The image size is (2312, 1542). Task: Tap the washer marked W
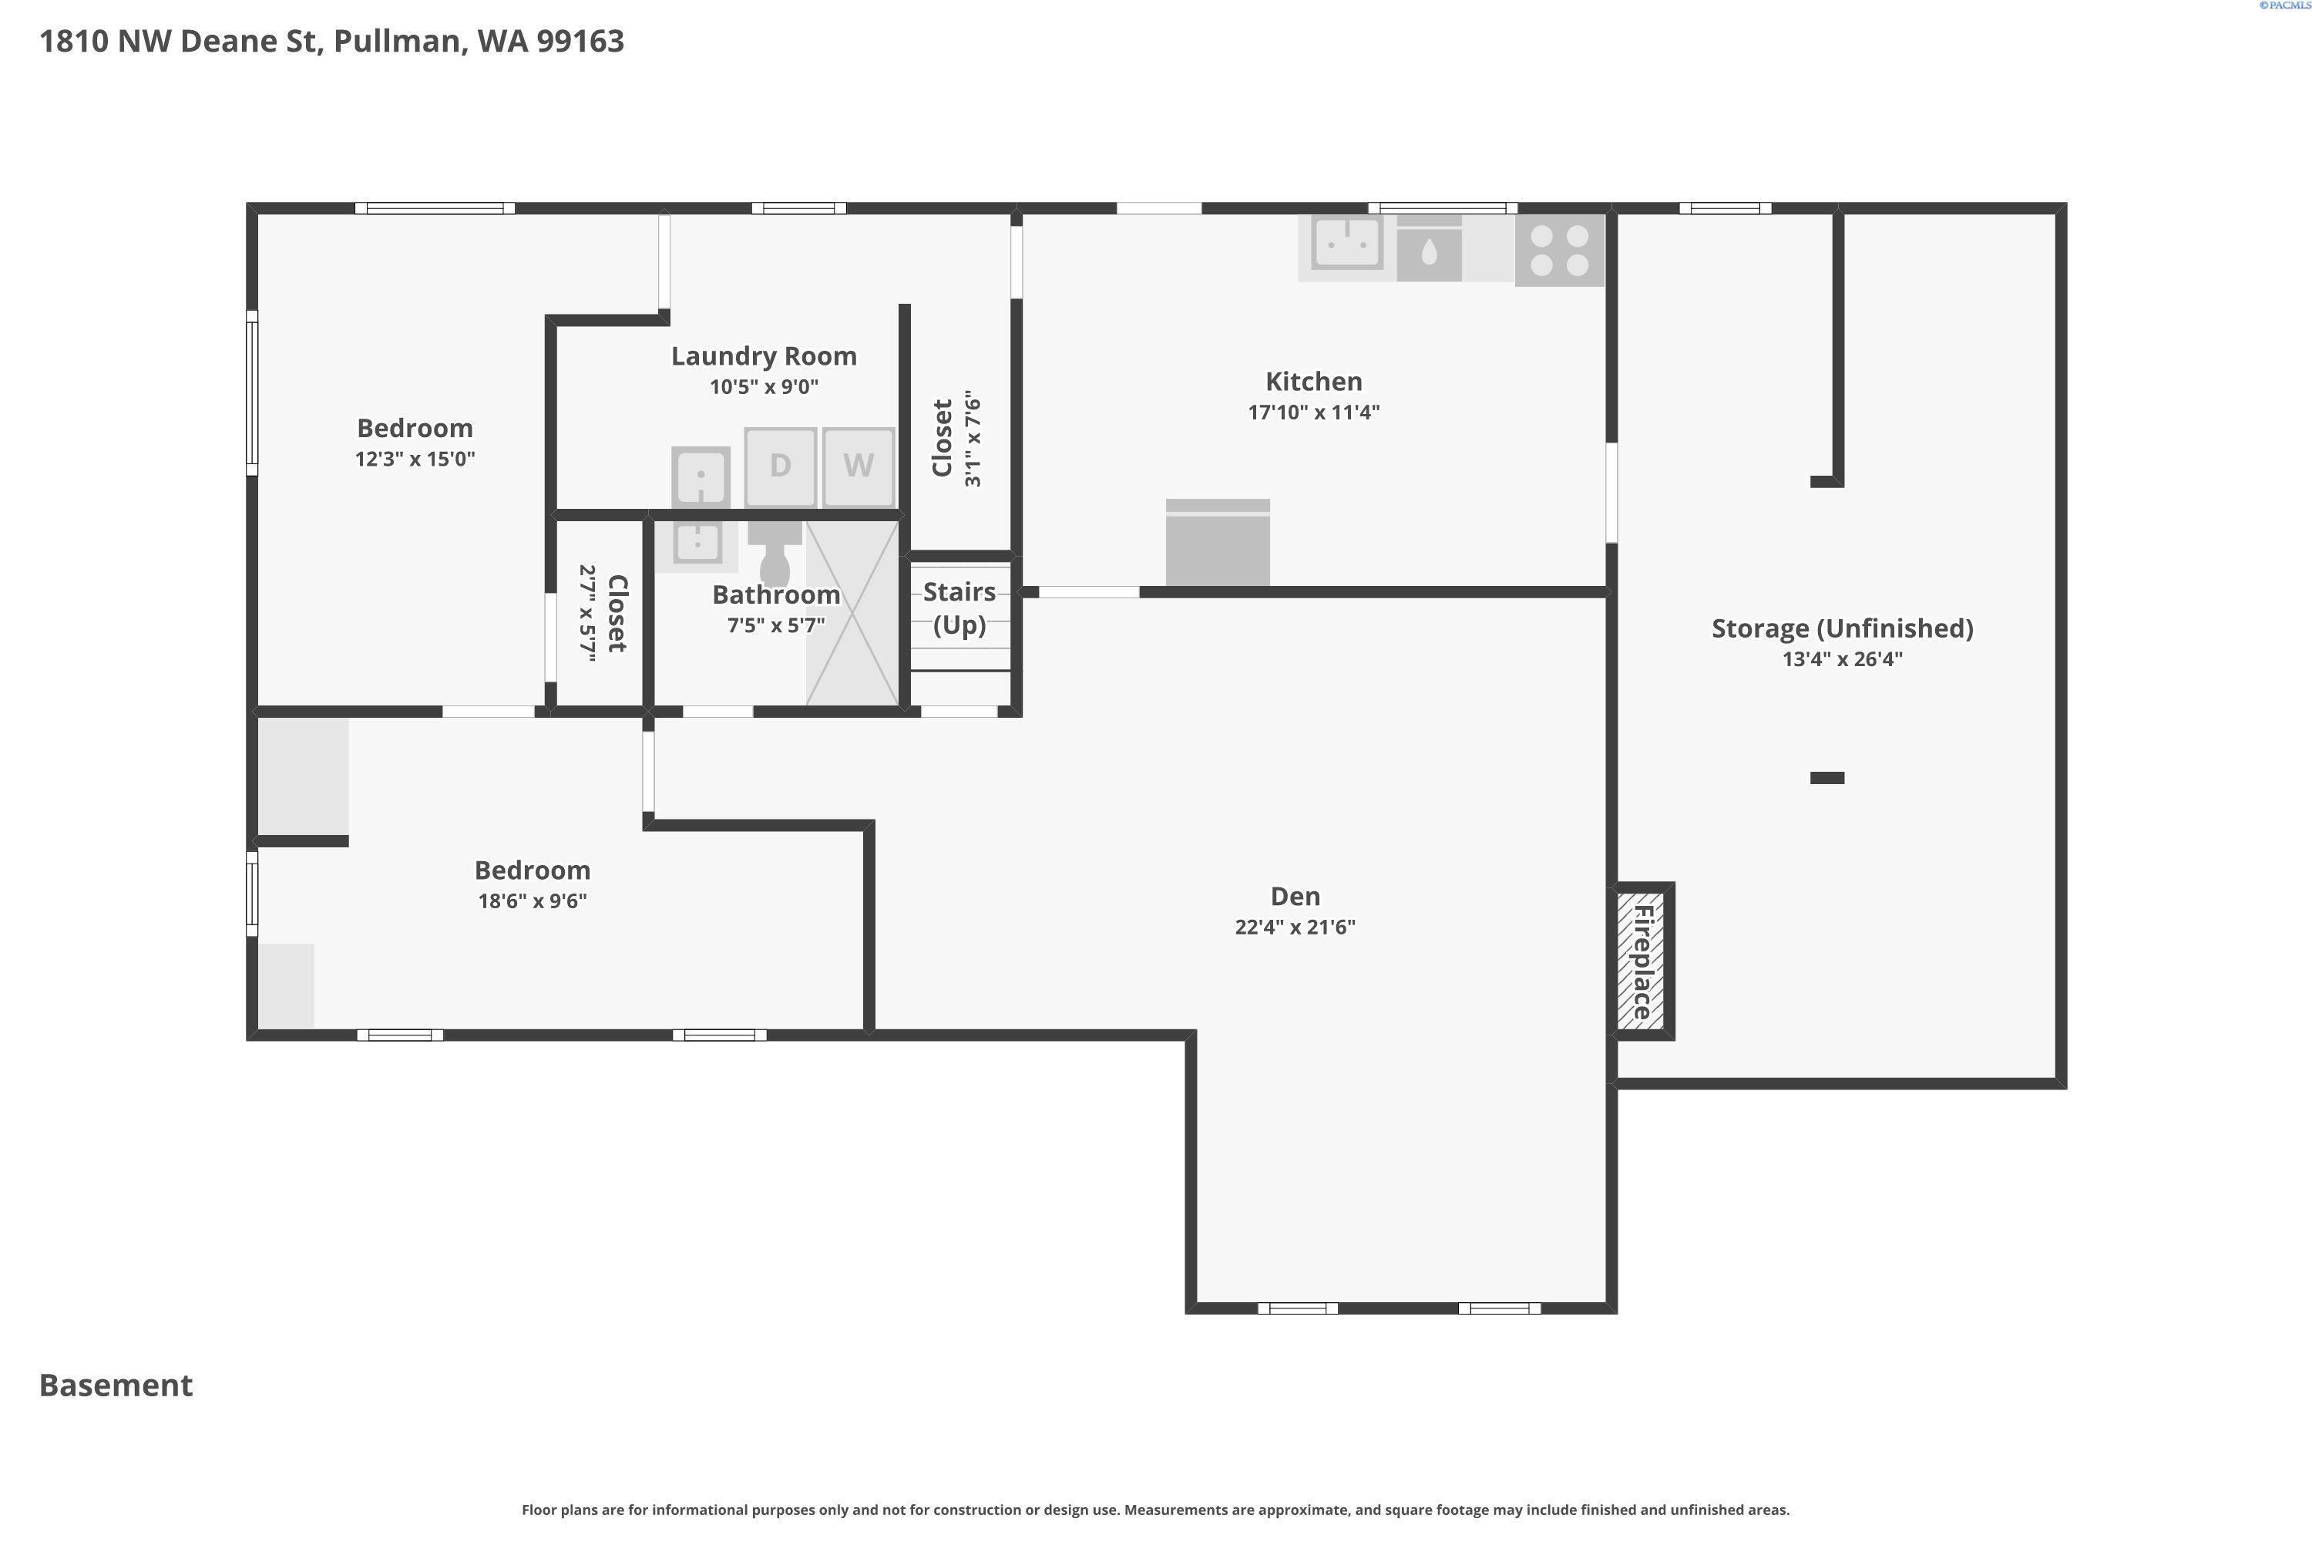pos(859,466)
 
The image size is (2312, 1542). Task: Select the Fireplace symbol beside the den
pos(1641,961)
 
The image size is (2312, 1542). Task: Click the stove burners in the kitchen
pos(1559,251)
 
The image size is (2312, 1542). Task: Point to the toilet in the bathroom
pos(775,554)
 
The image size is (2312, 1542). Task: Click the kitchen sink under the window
pos(1346,242)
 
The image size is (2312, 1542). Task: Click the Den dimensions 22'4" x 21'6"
pos(1295,927)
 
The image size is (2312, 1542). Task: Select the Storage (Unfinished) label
pos(1842,628)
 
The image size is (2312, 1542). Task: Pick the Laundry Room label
pos(764,356)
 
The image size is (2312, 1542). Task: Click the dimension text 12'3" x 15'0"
pos(415,458)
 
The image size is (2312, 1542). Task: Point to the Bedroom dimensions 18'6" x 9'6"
pos(532,901)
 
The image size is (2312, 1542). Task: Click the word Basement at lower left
pos(116,1385)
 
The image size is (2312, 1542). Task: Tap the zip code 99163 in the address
pos(580,42)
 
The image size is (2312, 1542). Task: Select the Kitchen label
pos(1313,382)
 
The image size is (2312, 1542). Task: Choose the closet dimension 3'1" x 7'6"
pos(972,439)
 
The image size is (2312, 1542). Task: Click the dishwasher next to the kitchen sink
pos(1430,247)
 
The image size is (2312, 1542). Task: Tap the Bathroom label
pos(775,595)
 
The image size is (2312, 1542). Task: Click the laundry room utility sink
pos(701,478)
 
